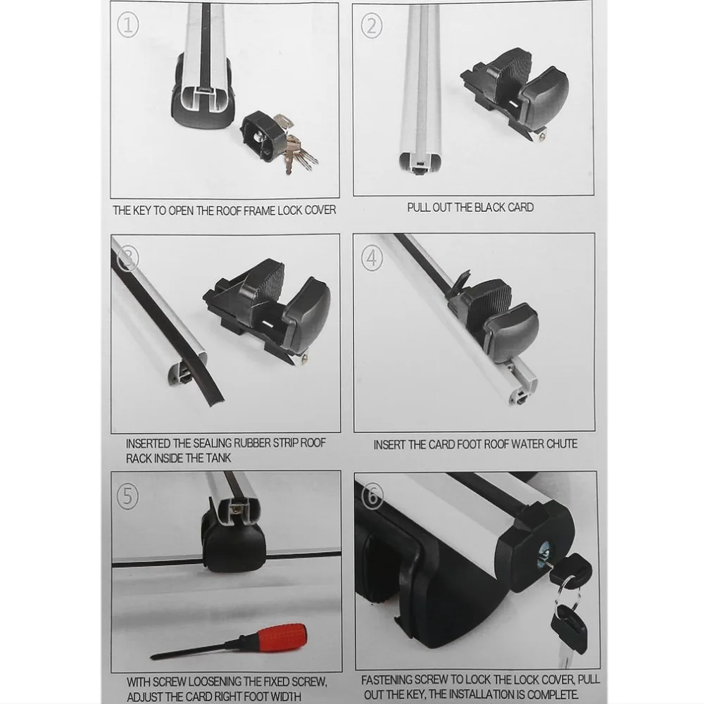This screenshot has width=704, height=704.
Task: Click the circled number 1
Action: pos(127,25)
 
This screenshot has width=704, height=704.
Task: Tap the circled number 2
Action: pos(372,26)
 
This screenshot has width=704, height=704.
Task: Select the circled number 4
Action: pos(372,258)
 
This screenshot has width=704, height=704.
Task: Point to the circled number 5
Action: pos(127,497)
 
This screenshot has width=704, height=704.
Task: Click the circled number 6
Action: pos(372,496)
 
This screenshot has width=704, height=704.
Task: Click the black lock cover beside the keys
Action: pos(263,137)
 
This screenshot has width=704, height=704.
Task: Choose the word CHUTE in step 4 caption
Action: pos(561,444)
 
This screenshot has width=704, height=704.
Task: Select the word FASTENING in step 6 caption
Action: pos(386,680)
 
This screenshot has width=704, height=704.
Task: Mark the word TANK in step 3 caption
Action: pos(219,458)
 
